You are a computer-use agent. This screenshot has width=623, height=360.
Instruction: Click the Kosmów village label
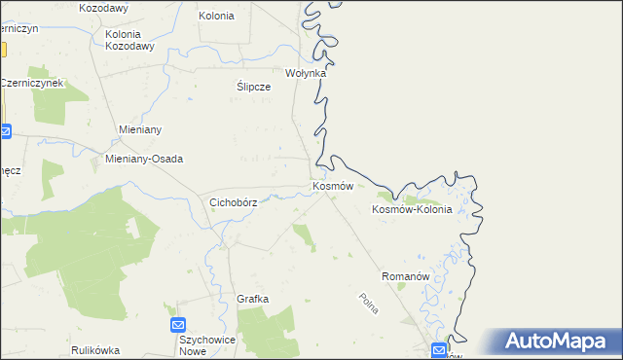pyautogui.click(x=332, y=185)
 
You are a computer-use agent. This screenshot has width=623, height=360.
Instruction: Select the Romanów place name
pyautogui.click(x=406, y=276)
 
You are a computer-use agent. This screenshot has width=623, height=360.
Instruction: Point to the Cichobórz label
pyautogui.click(x=234, y=202)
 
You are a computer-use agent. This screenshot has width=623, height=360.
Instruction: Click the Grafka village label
pyautogui.click(x=252, y=299)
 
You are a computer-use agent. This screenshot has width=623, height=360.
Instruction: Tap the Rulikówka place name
pyautogui.click(x=94, y=349)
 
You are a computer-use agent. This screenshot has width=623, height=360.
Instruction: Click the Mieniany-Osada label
pyautogui.click(x=144, y=159)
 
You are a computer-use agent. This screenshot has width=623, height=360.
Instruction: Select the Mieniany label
pyautogui.click(x=138, y=129)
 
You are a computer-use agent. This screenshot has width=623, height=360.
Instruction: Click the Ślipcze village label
pyautogui.click(x=253, y=86)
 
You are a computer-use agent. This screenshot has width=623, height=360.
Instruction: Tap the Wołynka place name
pyautogui.click(x=305, y=73)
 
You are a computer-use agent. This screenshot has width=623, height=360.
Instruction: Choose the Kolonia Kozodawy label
pyautogui.click(x=129, y=40)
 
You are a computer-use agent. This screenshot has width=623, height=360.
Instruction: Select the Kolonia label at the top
pyautogui.click(x=216, y=16)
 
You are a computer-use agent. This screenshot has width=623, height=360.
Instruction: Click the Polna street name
pyautogui.click(x=369, y=304)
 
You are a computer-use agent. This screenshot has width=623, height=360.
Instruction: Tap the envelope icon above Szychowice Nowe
pyautogui.click(x=178, y=324)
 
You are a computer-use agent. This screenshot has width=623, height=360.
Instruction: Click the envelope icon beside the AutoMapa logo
pyautogui.click(x=441, y=349)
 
